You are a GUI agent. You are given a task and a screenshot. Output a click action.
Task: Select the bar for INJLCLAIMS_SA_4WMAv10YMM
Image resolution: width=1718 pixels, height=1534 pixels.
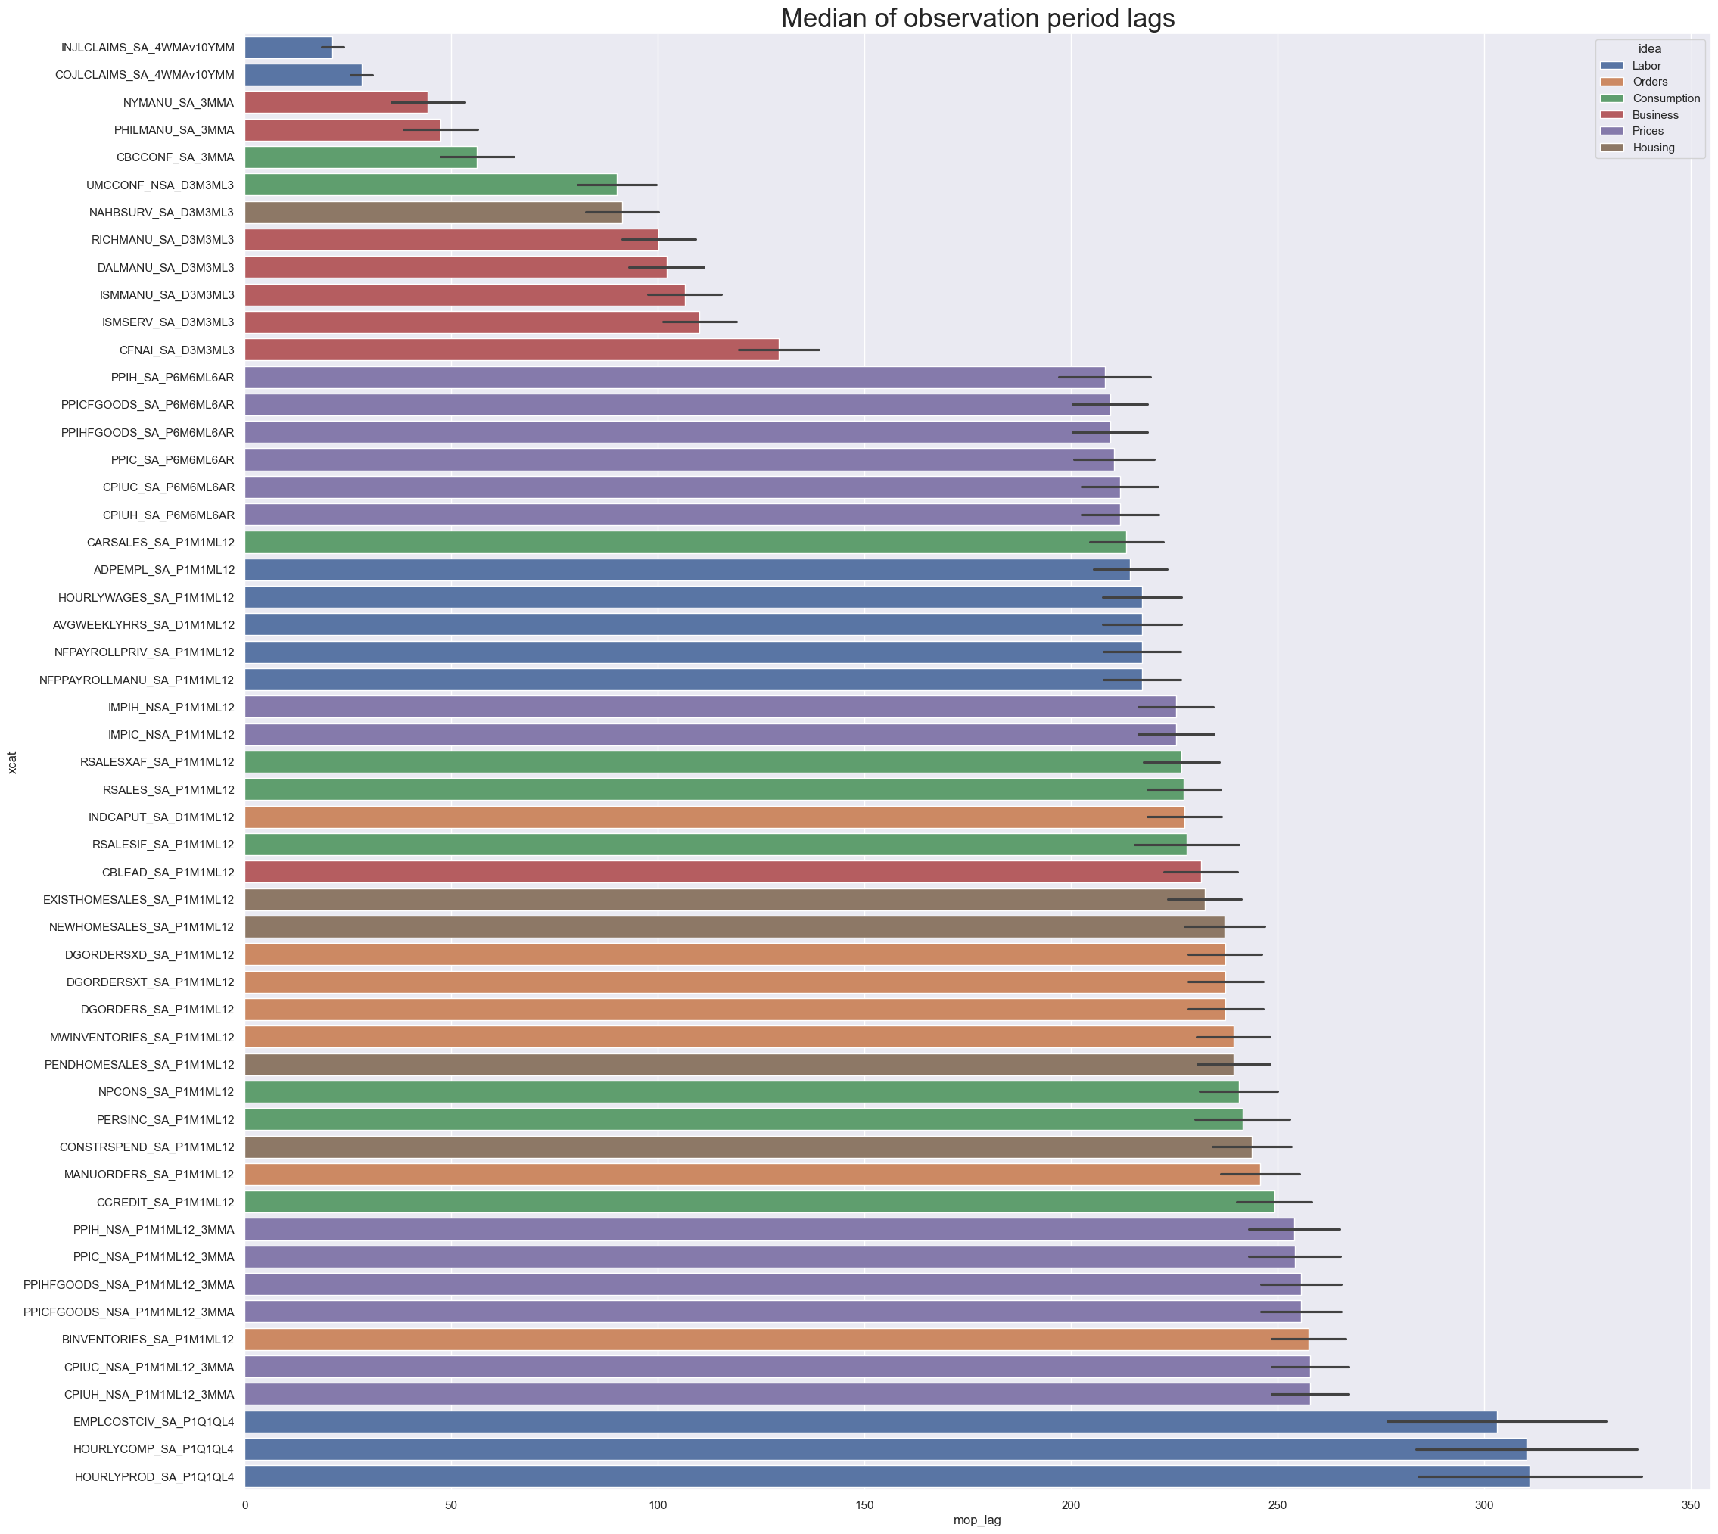click(288, 47)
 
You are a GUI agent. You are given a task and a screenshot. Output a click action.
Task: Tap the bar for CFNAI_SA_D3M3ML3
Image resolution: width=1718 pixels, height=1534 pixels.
click(511, 350)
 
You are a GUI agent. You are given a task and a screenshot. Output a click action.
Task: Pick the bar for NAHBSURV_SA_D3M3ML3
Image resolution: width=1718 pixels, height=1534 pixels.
click(434, 213)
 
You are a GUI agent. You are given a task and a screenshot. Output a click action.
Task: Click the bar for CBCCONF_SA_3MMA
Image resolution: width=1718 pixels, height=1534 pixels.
click(361, 157)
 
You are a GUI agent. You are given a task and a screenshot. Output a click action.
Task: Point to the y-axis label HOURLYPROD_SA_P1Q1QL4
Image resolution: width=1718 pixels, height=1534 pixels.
click(154, 1476)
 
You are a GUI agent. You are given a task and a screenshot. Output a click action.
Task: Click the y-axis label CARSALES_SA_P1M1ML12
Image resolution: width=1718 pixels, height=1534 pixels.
click(160, 542)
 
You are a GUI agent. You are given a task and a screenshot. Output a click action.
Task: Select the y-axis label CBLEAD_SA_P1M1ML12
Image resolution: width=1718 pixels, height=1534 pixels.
click(168, 873)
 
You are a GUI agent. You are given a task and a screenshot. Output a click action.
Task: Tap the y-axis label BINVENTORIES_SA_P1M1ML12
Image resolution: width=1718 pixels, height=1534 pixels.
click(148, 1340)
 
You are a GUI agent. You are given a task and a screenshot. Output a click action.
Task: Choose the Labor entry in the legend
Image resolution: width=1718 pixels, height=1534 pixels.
click(1645, 66)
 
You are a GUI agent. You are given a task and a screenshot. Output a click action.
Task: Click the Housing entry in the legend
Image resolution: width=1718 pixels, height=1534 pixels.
click(1653, 148)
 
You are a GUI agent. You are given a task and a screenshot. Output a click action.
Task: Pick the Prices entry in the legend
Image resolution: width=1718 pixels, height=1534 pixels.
click(1647, 131)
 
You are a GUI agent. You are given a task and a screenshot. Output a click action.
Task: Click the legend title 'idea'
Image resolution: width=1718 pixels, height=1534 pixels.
click(1650, 49)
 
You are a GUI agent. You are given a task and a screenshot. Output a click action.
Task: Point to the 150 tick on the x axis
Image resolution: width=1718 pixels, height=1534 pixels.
click(864, 1504)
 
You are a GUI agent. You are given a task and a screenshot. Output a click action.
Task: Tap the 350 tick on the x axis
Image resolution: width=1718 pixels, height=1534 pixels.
click(1690, 1504)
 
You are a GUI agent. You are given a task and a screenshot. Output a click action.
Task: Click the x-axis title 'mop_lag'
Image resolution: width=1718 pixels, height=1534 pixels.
click(977, 1520)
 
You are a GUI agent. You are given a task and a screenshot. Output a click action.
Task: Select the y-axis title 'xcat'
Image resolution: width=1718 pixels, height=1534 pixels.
click(12, 762)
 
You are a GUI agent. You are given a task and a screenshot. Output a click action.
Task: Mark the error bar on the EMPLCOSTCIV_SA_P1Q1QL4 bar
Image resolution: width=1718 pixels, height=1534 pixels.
click(1496, 1421)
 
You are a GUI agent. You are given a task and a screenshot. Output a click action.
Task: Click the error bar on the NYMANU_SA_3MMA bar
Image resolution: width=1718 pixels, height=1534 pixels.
click(428, 102)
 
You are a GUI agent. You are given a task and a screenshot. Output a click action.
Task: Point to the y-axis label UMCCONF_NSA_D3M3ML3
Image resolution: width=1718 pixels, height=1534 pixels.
click(160, 185)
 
